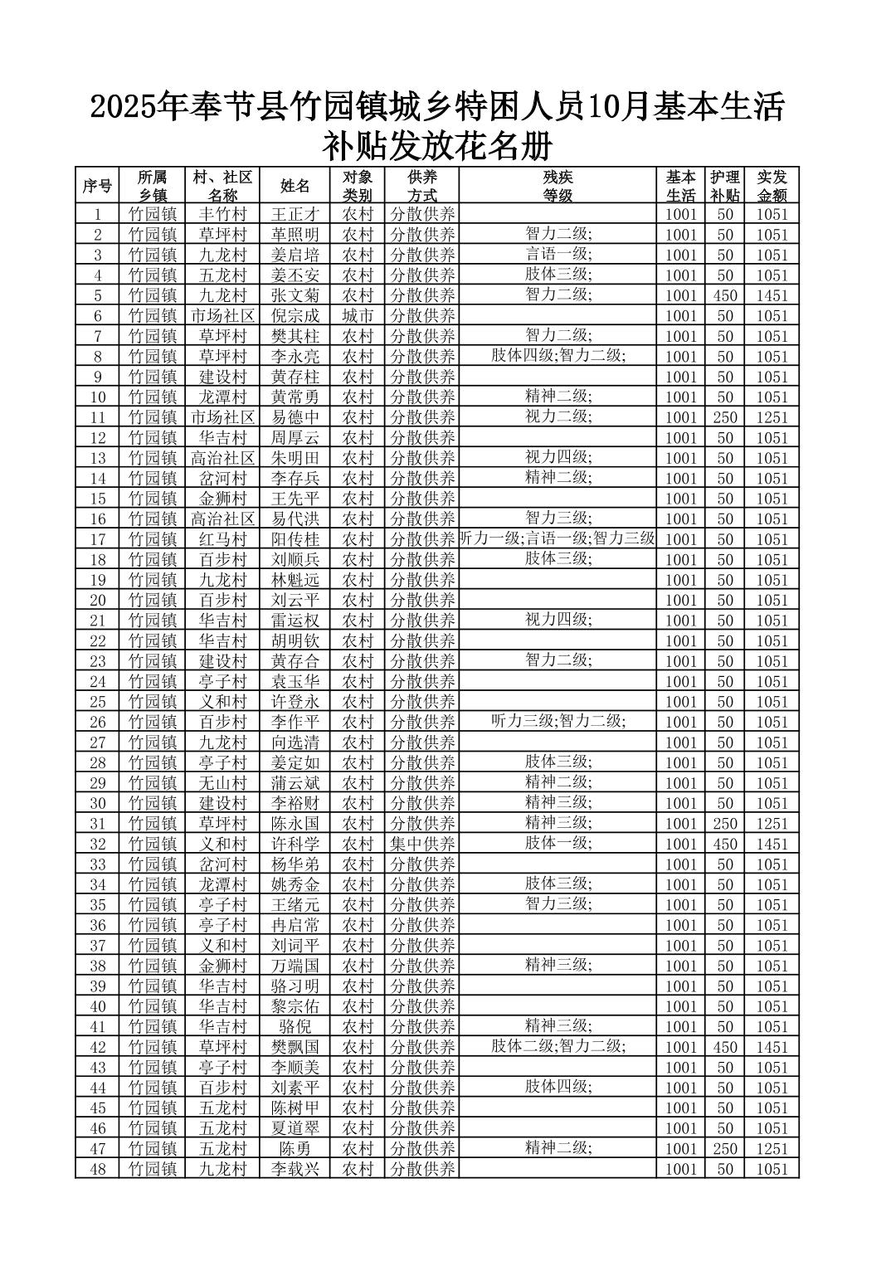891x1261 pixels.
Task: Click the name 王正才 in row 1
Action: click(x=295, y=214)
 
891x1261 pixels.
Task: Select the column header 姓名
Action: click(x=295, y=187)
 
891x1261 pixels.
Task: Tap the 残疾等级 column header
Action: click(x=557, y=187)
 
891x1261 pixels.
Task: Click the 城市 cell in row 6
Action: click(x=358, y=315)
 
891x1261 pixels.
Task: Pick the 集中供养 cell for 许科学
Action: click(x=423, y=844)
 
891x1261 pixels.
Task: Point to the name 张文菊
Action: click(x=295, y=295)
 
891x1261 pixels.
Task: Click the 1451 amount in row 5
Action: click(x=771, y=295)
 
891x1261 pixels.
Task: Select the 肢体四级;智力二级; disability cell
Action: click(x=557, y=356)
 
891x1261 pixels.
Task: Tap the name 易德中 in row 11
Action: click(x=295, y=417)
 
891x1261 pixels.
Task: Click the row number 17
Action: click(x=97, y=539)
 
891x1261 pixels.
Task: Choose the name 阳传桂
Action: click(x=295, y=539)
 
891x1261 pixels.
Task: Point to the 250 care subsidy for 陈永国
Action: click(x=725, y=824)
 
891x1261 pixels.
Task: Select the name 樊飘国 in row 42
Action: click(x=295, y=1047)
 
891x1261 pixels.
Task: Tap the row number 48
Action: click(x=97, y=1169)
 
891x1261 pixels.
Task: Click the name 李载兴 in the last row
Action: click(x=295, y=1169)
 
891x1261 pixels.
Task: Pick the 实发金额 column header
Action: click(x=771, y=187)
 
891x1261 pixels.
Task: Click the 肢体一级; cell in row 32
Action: click(x=557, y=843)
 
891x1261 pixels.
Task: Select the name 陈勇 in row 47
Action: click(x=295, y=1149)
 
